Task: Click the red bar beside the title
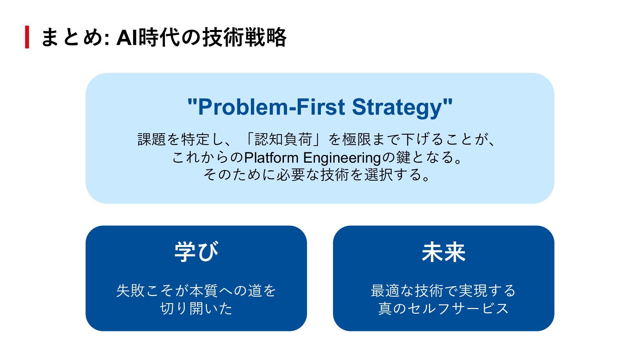click(27, 37)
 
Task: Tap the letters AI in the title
click(127, 37)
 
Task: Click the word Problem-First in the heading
click(267, 107)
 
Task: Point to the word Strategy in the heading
click(397, 107)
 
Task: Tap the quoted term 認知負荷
click(283, 139)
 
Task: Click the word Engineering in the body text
click(342, 157)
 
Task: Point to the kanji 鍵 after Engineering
click(403, 157)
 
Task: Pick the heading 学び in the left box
click(196, 252)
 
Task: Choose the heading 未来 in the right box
click(443, 252)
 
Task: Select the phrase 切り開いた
click(196, 308)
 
